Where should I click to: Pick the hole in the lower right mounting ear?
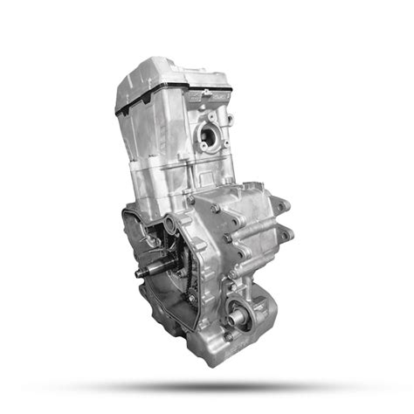286,234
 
